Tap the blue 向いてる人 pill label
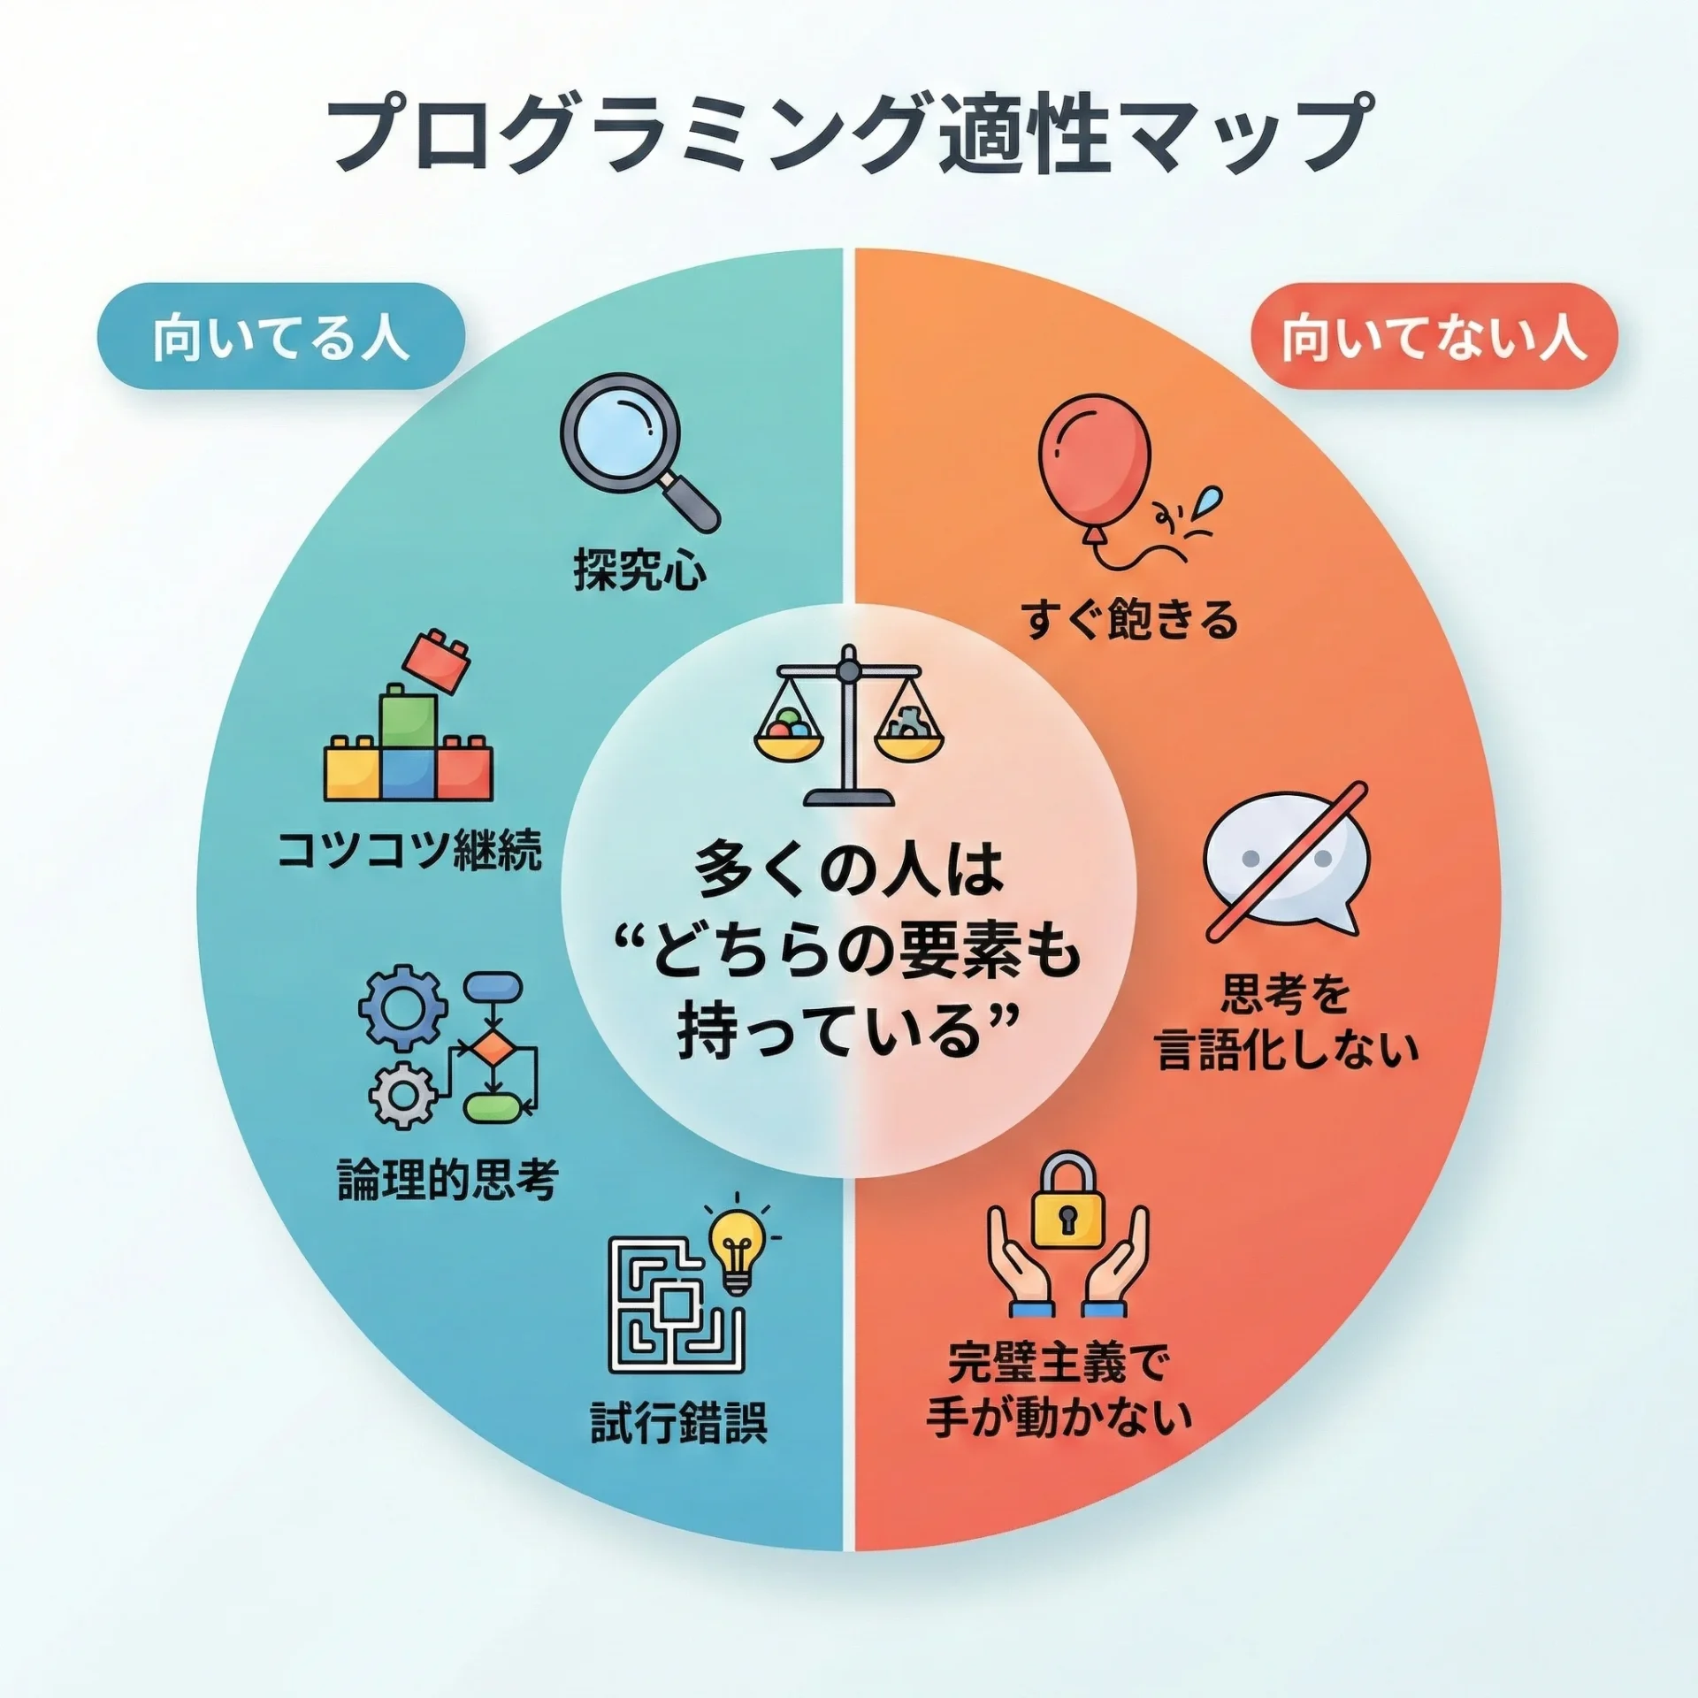[281, 336]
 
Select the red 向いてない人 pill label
[1434, 336]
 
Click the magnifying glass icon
[639, 451]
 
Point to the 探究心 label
[640, 569]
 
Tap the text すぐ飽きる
[1129, 618]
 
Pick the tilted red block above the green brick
[437, 660]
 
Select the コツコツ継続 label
[409, 851]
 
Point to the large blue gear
[403, 1009]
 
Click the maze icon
[676, 1305]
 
